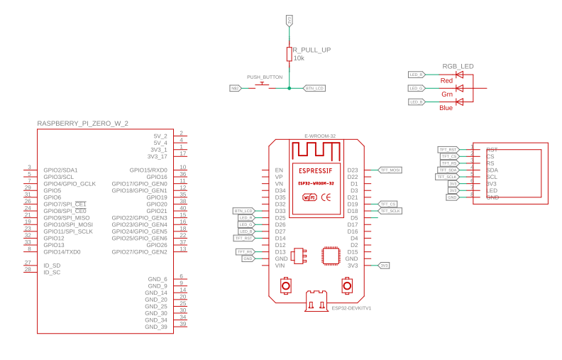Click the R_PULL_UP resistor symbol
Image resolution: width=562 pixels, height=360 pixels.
(289, 54)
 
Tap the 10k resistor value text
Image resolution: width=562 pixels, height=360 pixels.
(299, 58)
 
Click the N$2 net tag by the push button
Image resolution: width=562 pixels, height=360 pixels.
(235, 88)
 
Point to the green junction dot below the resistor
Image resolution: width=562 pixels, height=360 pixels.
(289, 88)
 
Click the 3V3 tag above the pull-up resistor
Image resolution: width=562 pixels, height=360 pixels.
(289, 20)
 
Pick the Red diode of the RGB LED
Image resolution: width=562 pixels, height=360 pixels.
(459, 75)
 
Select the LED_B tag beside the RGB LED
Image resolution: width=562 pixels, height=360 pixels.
(417, 102)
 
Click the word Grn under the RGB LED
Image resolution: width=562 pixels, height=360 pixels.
(447, 94)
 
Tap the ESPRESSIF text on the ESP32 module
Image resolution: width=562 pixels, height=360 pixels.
(315, 171)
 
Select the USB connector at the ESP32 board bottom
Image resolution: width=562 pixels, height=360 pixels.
(316, 300)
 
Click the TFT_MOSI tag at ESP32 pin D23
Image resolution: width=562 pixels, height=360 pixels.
(390, 170)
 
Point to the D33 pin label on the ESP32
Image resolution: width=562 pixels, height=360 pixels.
(280, 211)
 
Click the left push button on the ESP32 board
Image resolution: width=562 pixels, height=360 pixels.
(285, 285)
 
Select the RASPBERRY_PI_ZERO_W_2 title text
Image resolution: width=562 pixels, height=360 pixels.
(82, 124)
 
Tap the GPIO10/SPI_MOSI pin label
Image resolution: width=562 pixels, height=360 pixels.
(68, 224)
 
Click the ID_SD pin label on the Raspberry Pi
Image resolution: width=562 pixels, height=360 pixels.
(52, 265)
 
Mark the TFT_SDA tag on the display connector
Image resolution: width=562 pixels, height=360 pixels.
(448, 170)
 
